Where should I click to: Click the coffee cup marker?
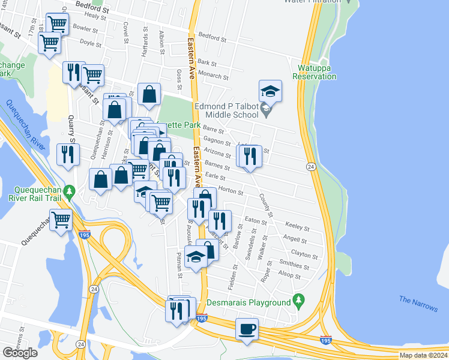pos(247,329)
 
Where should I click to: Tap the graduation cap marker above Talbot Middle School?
pos(270,91)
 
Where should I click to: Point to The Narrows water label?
pos(418,304)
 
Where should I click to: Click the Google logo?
pos(20,353)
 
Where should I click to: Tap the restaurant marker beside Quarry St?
pos(67,155)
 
